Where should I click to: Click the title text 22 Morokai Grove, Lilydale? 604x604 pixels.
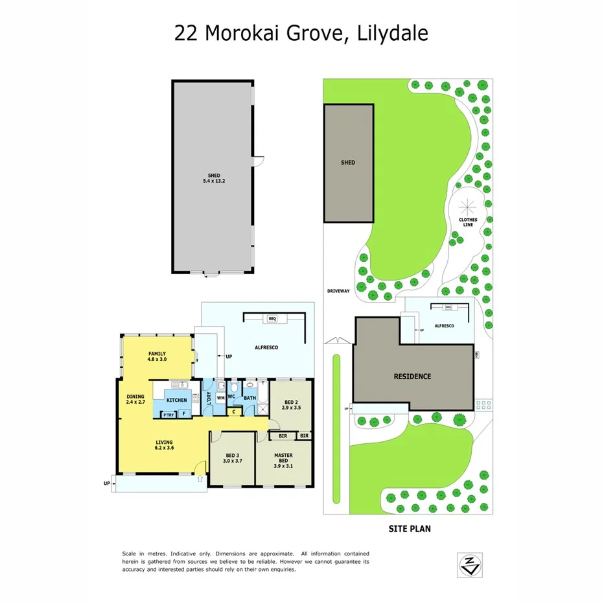(301, 33)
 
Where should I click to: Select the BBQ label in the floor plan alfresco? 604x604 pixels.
(272, 319)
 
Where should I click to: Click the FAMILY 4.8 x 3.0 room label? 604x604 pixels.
(157, 356)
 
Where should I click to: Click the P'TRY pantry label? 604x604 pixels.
(167, 415)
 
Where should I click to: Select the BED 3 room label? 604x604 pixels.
(233, 458)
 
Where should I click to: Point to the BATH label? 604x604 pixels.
(250, 398)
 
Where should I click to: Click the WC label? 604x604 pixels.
(231, 397)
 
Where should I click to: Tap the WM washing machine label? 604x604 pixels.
(220, 398)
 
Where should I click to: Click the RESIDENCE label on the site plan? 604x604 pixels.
(413, 377)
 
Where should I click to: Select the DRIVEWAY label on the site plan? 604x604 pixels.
(338, 291)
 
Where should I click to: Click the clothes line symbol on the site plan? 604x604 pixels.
(467, 207)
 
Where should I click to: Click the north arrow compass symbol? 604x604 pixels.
(469, 565)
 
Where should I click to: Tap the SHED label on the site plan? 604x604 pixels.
(348, 163)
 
